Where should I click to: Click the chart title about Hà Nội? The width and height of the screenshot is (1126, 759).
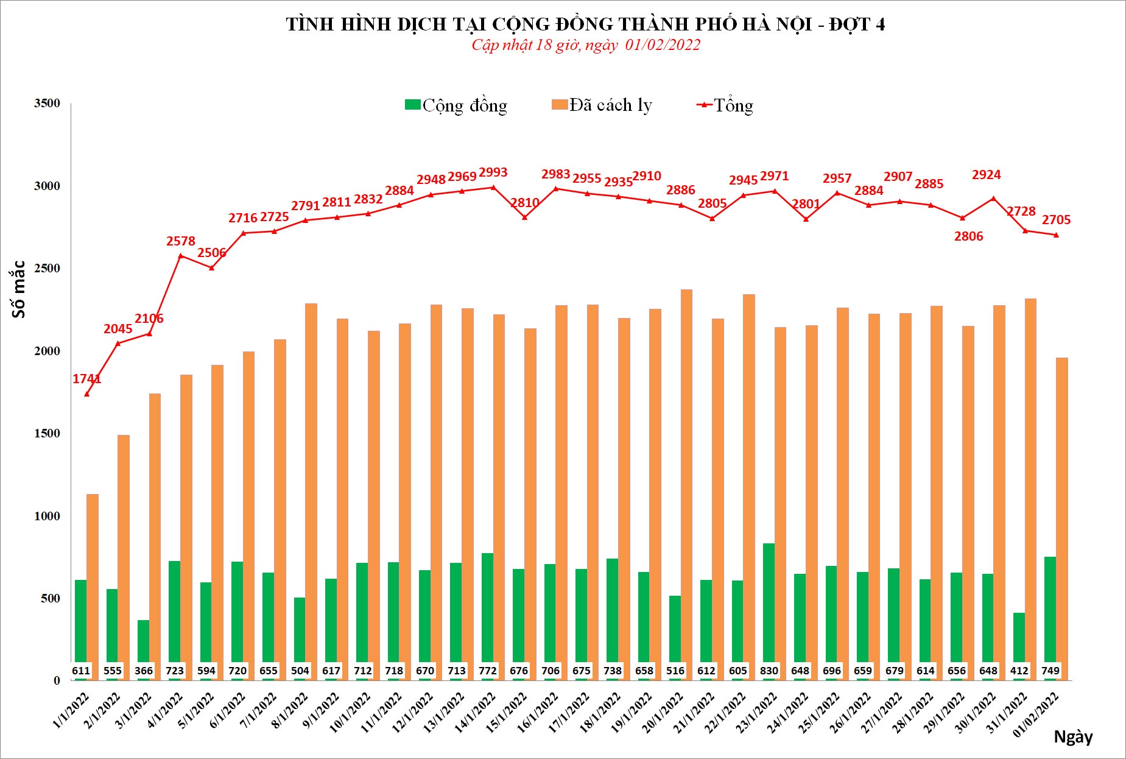coord(585,24)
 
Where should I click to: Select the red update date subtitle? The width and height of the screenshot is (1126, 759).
coord(585,45)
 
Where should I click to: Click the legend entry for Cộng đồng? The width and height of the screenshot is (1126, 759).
coord(457,105)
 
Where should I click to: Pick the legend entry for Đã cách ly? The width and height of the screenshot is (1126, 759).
coord(602,105)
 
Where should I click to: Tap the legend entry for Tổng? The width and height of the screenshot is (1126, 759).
coord(725,105)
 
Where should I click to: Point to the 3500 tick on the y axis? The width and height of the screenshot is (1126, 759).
coord(47,103)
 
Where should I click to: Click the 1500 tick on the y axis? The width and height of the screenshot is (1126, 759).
coord(47,433)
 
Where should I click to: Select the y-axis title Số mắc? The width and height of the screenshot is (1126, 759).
coord(19,289)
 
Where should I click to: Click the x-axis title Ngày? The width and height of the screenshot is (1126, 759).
coord(1073,736)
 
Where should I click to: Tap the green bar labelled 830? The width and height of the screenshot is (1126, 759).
coord(769,609)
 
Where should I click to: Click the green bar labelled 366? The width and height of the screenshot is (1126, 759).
coord(144,649)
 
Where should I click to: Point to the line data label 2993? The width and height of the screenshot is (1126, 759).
coord(493,172)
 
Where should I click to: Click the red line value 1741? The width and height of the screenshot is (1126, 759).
coord(87,379)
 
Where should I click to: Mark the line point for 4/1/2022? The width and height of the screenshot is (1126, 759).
coord(181,256)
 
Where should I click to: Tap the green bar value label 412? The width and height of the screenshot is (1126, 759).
coord(1019,671)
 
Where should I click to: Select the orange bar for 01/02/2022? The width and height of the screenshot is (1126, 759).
coord(1061,518)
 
